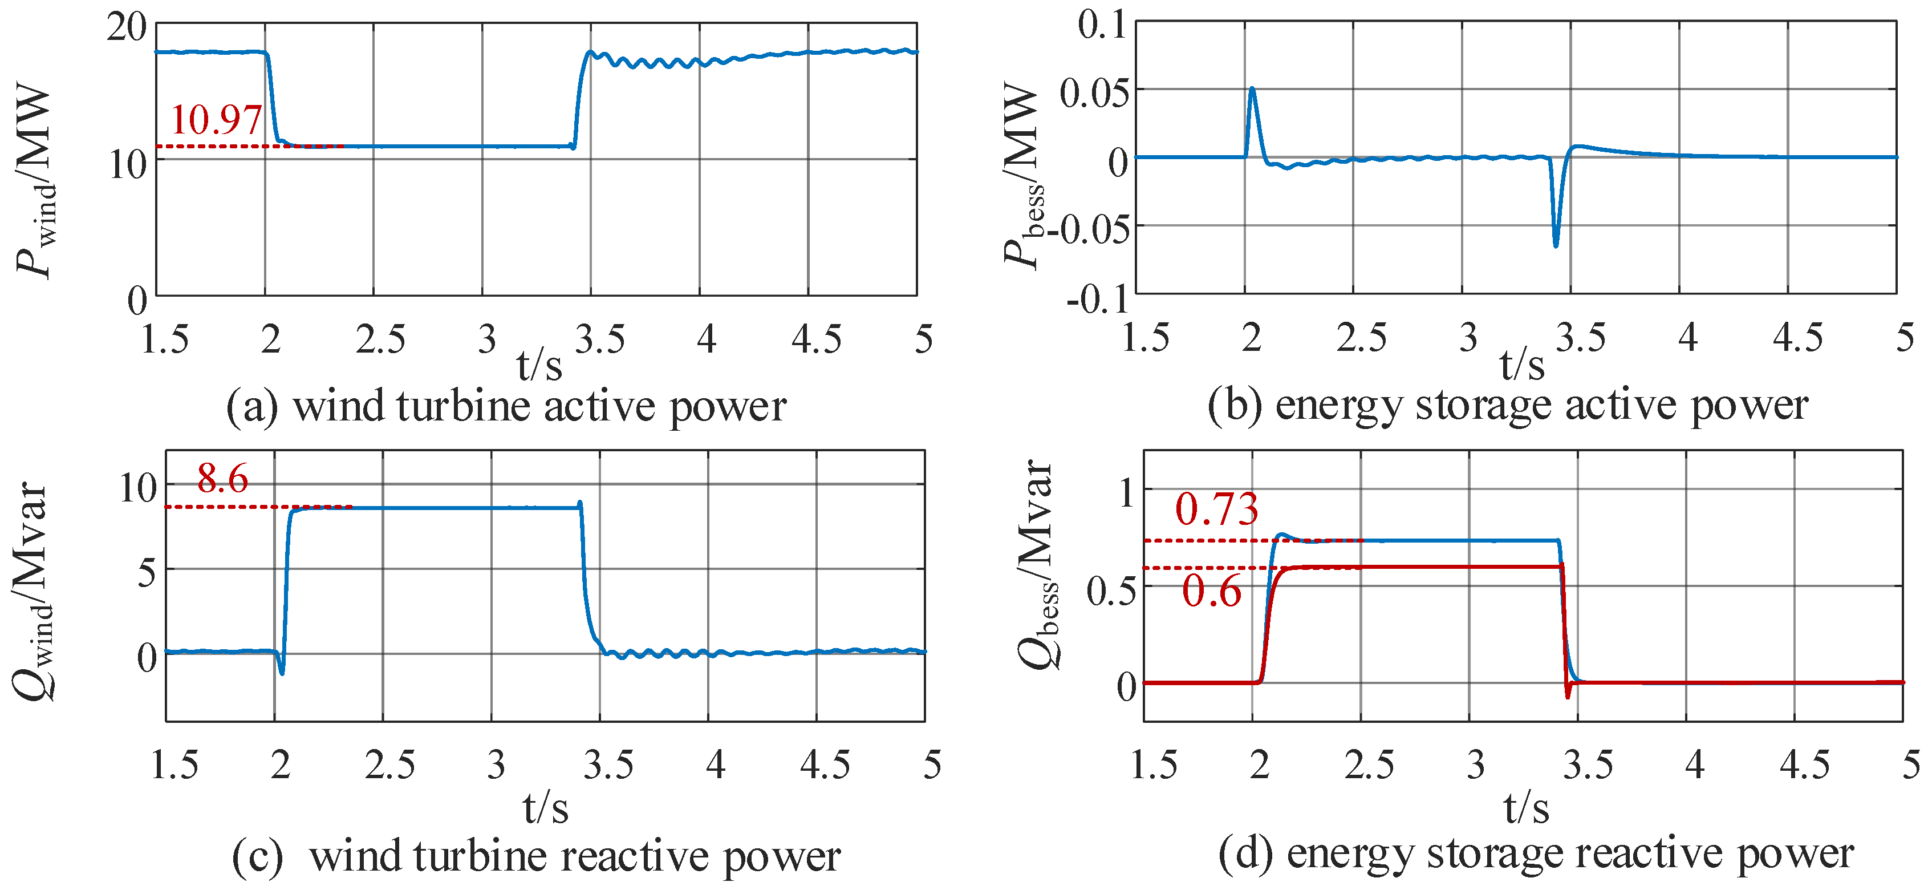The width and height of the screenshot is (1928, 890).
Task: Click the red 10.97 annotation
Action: click(216, 120)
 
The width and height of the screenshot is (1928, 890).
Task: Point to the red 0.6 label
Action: click(1212, 592)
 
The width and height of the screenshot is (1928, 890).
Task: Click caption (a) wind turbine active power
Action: click(506, 406)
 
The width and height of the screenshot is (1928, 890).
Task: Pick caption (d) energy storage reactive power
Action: click(1536, 853)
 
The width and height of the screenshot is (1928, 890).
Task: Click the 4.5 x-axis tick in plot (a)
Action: click(816, 339)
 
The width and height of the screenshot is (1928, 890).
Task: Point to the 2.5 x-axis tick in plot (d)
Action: click(1369, 764)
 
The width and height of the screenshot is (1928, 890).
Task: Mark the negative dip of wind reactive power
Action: click(282, 672)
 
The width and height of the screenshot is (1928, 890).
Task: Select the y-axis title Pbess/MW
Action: click(1022, 175)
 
